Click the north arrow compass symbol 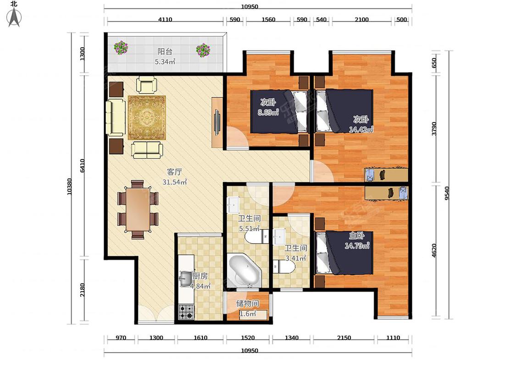[x=14, y=17]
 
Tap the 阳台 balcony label [x=165, y=51]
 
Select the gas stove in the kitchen [x=186, y=312]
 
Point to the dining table [x=138, y=209]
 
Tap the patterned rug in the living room [x=147, y=118]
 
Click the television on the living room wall [x=217, y=122]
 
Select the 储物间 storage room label [x=248, y=303]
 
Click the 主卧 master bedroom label [x=357, y=236]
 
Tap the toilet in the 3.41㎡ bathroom [x=283, y=266]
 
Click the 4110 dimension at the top [x=165, y=19]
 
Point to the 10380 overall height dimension [x=69, y=187]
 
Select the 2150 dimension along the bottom [x=344, y=337]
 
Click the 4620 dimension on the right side [x=434, y=250]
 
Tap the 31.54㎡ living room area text [x=175, y=182]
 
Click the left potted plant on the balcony [x=121, y=48]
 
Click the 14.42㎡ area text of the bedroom [x=361, y=129]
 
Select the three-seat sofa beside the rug [x=116, y=118]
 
